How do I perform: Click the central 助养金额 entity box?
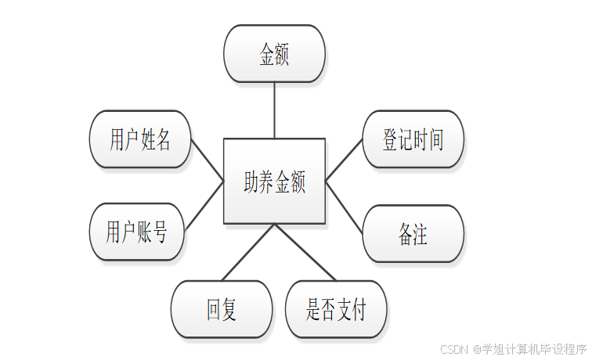point(274,181)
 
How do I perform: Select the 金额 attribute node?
point(274,53)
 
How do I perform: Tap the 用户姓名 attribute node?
point(140,139)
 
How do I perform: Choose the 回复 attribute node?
point(222,309)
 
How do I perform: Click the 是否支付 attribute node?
point(336,309)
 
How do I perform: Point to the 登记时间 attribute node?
point(413,139)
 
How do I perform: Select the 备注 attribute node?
point(413,233)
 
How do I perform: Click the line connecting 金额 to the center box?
point(274,110)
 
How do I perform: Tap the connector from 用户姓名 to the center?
point(207,160)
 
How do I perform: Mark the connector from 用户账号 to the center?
point(204,206)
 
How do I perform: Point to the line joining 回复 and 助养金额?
point(248,252)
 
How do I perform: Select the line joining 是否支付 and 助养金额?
point(305,252)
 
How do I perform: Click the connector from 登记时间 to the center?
point(344,160)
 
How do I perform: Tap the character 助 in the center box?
point(251,182)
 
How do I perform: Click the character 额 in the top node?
point(282,54)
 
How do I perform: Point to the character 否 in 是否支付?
point(328,310)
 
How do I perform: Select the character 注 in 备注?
point(421,234)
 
